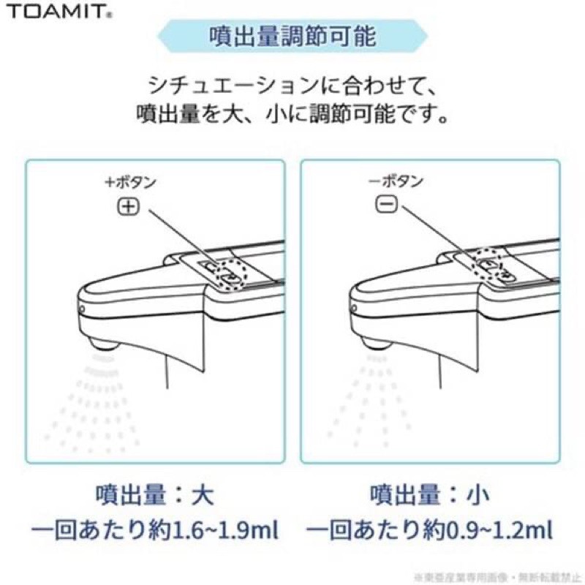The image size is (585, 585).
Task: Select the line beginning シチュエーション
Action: [x=292, y=88]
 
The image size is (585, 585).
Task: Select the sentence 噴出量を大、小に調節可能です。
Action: [x=292, y=116]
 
